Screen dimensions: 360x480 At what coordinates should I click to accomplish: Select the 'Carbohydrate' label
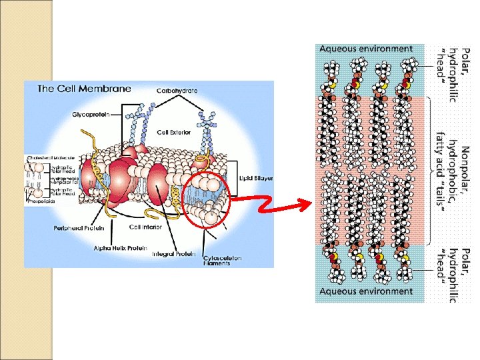pos(176,91)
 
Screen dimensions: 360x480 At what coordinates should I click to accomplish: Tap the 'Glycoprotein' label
pos(91,114)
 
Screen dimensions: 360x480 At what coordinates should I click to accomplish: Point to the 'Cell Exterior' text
pos(173,133)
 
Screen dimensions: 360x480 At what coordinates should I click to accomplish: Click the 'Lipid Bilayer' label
pos(256,179)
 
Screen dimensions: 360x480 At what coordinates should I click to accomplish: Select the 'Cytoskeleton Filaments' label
pos(223,261)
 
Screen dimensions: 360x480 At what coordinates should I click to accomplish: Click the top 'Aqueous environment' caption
pos(366,49)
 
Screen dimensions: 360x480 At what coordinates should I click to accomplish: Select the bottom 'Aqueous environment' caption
pos(366,291)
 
